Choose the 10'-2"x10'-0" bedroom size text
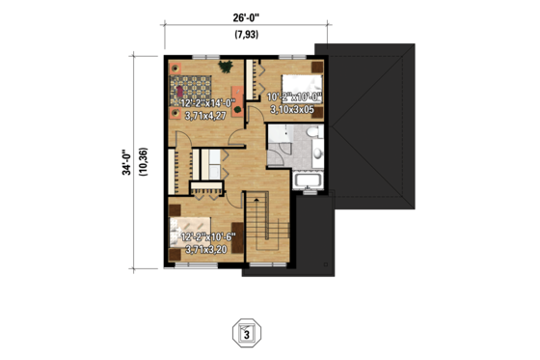[x=294, y=96]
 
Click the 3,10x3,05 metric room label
[x=293, y=110]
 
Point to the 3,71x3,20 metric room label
[x=206, y=249]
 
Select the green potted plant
[x=227, y=67]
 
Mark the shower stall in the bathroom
[x=279, y=148]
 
